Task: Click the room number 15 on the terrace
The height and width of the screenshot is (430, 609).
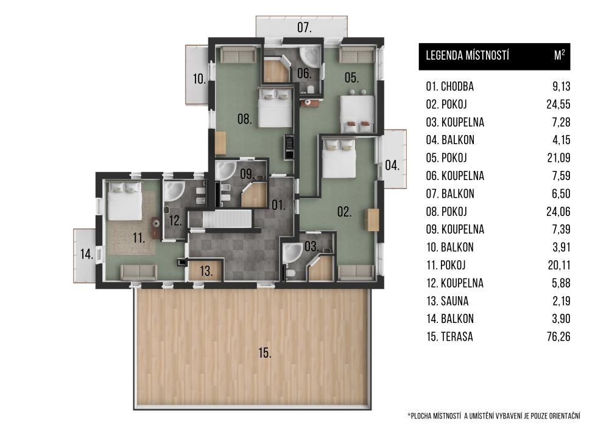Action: point(265,353)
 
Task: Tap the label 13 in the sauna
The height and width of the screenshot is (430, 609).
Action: point(206,271)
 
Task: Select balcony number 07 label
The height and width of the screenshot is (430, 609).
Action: point(304,27)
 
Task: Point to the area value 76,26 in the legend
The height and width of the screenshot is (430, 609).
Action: point(558,336)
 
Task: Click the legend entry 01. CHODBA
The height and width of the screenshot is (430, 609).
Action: point(450,86)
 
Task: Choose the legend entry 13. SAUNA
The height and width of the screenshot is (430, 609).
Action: point(447,301)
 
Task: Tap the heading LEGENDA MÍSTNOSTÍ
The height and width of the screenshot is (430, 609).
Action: point(467,55)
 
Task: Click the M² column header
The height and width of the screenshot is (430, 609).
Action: point(559,55)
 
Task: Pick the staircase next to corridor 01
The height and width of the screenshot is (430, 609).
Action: point(220,219)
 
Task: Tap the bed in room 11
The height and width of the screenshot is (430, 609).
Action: point(125,201)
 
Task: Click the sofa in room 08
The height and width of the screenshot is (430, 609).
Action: point(238,55)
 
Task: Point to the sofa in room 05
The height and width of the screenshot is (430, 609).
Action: point(357,55)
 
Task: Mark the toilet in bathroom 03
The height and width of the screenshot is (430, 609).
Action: point(290,274)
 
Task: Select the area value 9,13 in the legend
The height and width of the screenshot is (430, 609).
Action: point(561,86)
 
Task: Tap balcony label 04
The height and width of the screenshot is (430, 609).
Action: point(392,165)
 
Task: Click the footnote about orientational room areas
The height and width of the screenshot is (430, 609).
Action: point(494,416)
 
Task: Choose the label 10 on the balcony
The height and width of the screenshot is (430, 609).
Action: point(199,79)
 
